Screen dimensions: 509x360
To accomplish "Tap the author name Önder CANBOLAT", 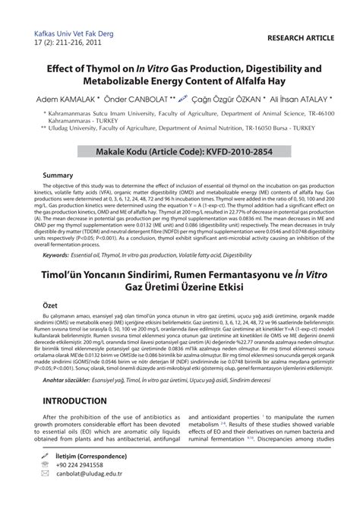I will coord(136,100).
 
